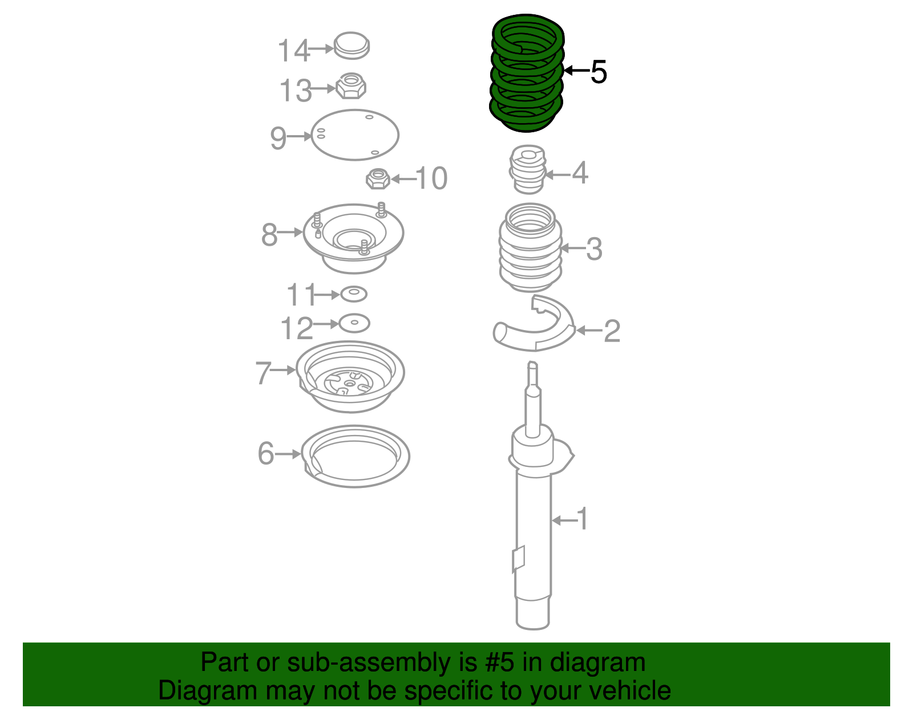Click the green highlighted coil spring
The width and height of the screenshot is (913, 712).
click(x=527, y=74)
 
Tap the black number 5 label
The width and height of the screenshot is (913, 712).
click(x=599, y=72)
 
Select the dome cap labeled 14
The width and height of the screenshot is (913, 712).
click(x=352, y=46)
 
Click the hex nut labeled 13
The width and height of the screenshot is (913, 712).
click(x=351, y=86)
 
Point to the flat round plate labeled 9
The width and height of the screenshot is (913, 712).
click(x=354, y=135)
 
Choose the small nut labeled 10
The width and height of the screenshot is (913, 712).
click(x=378, y=179)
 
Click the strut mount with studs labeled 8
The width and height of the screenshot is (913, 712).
click(x=353, y=237)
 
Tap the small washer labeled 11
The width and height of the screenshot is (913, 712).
click(x=354, y=295)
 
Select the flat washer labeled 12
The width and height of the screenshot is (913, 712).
click(x=354, y=323)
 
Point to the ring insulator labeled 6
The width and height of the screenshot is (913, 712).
click(x=355, y=456)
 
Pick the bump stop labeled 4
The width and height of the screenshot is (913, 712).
click(x=527, y=170)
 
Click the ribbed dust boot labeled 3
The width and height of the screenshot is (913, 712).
click(x=530, y=249)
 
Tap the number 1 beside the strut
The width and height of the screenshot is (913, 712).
click(x=582, y=519)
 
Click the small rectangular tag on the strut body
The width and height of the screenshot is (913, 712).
click(x=518, y=558)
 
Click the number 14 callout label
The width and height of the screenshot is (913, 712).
click(x=293, y=51)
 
